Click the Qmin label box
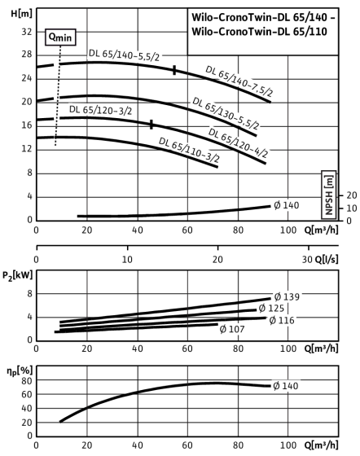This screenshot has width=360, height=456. pyautogui.click(x=60, y=37)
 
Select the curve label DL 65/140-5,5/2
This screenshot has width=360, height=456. pyautogui.click(x=124, y=55)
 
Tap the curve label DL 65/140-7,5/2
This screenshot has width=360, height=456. pyautogui.click(x=239, y=81)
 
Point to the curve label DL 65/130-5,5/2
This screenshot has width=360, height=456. pyautogui.click(x=226, y=113)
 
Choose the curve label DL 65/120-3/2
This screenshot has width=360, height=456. pyautogui.click(x=101, y=110)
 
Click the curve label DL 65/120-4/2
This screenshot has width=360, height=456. pyautogui.click(x=238, y=142)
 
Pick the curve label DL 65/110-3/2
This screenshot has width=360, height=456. pyautogui.click(x=189, y=150)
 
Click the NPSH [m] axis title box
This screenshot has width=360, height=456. pyautogui.click(x=329, y=195)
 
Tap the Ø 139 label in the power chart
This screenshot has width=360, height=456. pyautogui.click(x=287, y=297)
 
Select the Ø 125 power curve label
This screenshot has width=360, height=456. pyautogui.click(x=271, y=308)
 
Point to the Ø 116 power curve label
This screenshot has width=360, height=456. pyautogui.click(x=282, y=321)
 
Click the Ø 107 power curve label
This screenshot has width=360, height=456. pyautogui.click(x=232, y=329)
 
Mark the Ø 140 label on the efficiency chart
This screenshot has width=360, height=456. pyautogui.click(x=286, y=386)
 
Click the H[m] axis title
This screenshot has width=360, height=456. pyautogui.click(x=21, y=13)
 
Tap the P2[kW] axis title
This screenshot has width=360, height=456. pyautogui.click(x=17, y=275)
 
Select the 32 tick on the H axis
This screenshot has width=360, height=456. pyautogui.click(x=26, y=32)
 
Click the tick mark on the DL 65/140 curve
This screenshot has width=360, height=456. pyautogui.click(x=174, y=70)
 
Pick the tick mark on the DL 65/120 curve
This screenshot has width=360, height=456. pyautogui.click(x=151, y=125)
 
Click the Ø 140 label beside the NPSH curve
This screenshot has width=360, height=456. pyautogui.click(x=287, y=205)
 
